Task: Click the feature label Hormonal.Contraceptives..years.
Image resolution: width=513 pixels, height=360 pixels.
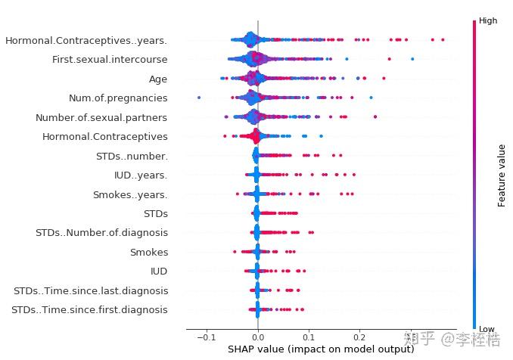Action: click(x=86, y=40)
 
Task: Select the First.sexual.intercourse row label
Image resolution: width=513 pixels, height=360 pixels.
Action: click(x=110, y=59)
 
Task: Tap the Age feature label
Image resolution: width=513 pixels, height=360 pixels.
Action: click(x=158, y=79)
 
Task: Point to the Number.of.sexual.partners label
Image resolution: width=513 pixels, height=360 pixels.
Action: click(x=101, y=117)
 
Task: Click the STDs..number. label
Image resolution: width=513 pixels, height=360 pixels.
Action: click(x=132, y=156)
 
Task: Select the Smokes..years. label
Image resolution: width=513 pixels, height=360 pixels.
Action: click(x=130, y=194)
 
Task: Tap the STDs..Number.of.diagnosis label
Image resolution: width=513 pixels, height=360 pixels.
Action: click(x=101, y=233)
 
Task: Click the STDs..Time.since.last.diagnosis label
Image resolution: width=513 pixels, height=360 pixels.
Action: click(x=91, y=290)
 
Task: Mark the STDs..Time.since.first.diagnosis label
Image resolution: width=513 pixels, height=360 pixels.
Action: click(x=90, y=309)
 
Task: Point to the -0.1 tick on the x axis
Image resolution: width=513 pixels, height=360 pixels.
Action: click(x=206, y=337)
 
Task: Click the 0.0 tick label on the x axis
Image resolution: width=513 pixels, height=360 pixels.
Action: click(x=258, y=337)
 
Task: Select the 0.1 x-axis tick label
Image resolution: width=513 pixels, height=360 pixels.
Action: click(x=309, y=337)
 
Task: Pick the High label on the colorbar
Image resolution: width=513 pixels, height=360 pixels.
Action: click(x=488, y=21)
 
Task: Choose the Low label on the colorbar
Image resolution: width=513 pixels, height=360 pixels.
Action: click(x=487, y=329)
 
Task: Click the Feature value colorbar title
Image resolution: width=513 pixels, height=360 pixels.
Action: click(x=502, y=175)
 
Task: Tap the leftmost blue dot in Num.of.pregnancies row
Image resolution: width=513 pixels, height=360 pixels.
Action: click(x=199, y=98)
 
